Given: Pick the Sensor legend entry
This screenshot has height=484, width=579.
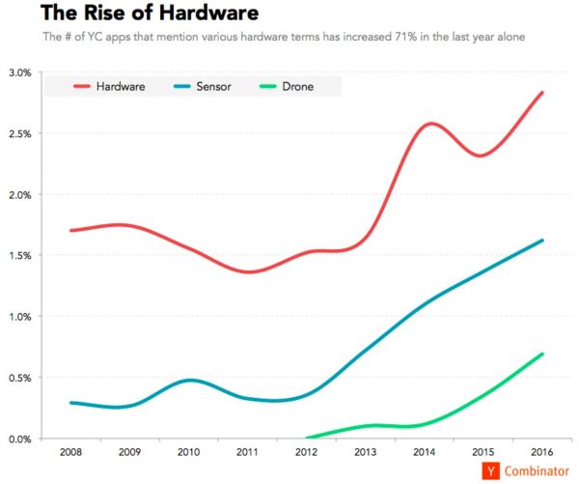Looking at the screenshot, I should (206, 87).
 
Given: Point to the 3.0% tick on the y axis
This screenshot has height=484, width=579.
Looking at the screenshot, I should (19, 72).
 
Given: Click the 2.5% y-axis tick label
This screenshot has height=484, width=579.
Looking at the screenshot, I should (19, 133).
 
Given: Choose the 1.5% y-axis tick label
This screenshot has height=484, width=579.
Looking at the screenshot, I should (19, 256).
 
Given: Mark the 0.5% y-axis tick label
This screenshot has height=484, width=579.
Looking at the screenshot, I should (19, 378).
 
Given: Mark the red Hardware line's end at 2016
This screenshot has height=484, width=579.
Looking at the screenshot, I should (542, 93).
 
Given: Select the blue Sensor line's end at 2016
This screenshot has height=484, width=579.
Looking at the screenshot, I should (542, 241).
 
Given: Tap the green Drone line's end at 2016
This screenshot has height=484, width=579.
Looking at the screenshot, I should (542, 354).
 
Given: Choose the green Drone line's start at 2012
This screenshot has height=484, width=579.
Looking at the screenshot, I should (307, 438).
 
